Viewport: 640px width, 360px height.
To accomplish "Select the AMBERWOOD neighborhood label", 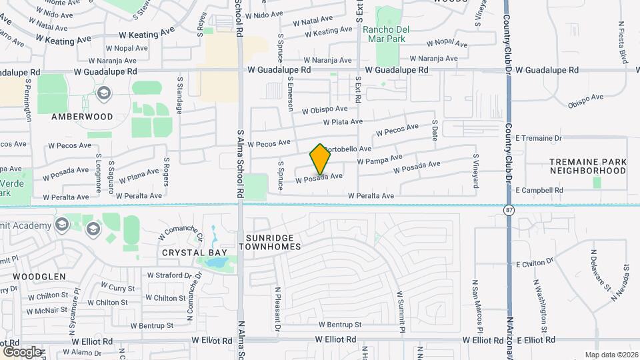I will coord(82,116).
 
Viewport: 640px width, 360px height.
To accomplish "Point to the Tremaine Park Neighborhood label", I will coord(588,166).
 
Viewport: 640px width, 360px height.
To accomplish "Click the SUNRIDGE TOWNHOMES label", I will coord(273,242).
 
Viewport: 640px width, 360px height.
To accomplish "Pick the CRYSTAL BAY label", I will coord(195,253).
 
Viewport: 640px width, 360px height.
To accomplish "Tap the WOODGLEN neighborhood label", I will coord(39,276).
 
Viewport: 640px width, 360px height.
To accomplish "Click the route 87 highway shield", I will coord(509,209).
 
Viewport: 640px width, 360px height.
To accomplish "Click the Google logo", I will coord(22,351).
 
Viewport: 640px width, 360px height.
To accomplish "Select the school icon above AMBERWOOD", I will coord(103,93).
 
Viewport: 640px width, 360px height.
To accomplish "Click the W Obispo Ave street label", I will coord(325,109).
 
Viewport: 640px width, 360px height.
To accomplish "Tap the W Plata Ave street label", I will coord(343,122).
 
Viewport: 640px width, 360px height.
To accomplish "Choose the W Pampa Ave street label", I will coord(379,159).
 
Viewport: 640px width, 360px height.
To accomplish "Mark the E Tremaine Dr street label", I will coord(539,138).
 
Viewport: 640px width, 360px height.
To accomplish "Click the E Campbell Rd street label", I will coord(539,190).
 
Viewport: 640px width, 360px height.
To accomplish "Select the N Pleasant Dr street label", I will coord(277,309).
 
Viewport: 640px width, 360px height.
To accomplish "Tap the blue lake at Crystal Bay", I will coord(216,261).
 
